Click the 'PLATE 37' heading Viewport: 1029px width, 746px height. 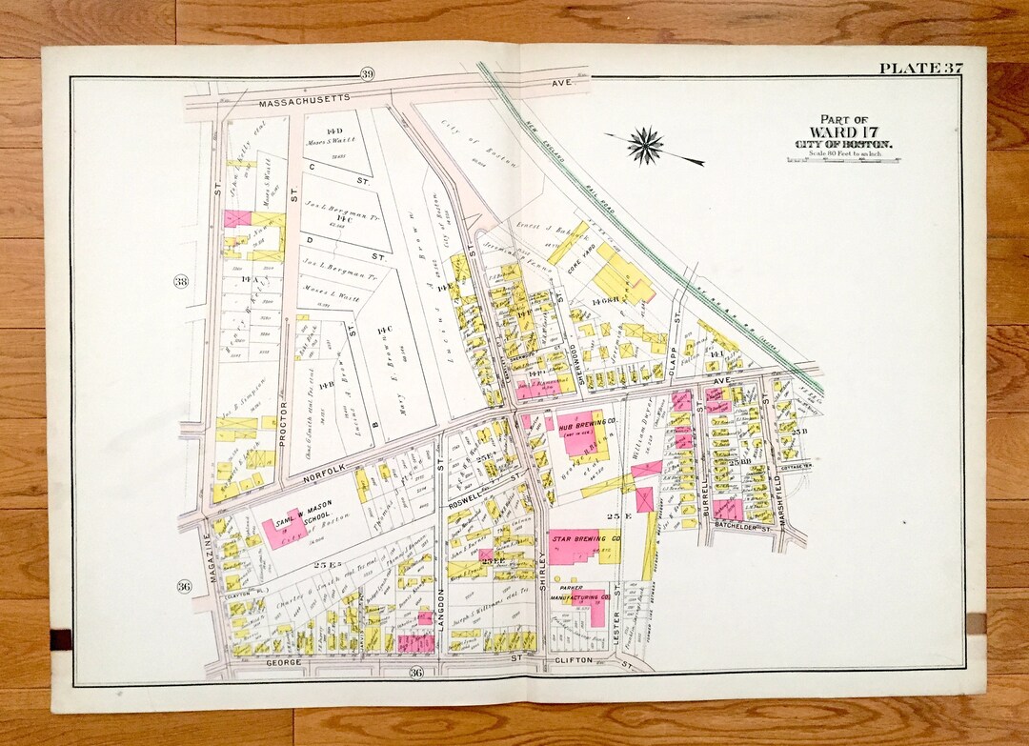point(920,67)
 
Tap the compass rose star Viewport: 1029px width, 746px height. point(647,145)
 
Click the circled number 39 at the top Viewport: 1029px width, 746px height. point(367,75)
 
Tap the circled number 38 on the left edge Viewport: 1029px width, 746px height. point(181,281)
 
